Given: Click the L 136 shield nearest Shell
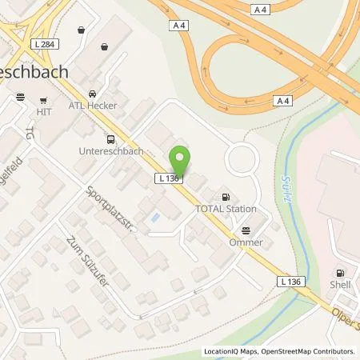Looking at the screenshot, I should [291, 282].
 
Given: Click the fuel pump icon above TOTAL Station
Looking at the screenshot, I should [226, 194].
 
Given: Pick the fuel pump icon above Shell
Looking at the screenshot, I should [341, 273].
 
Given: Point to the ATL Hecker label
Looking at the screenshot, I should [92, 106].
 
